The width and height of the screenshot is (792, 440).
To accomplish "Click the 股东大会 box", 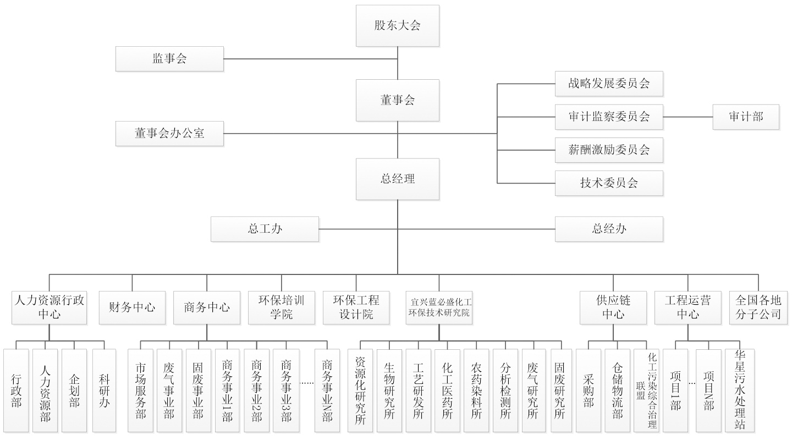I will tap(397, 25).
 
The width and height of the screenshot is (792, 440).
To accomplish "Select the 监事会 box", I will tap(169, 59).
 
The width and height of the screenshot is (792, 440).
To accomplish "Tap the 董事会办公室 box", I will tap(169, 134).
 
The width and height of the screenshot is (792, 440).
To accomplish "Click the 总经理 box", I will tap(397, 179).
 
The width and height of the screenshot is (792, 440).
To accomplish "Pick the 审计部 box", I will tap(746, 117).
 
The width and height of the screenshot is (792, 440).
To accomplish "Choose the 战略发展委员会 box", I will tap(609, 84).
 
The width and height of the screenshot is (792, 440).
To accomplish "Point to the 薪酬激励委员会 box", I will tap(609, 150).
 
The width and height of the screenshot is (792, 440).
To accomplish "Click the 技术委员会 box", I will tap(609, 183).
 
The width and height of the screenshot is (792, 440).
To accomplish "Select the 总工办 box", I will tap(265, 229).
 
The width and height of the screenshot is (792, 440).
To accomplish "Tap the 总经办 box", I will tap(609, 229).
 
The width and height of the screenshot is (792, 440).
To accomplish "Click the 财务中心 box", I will tap(132, 307).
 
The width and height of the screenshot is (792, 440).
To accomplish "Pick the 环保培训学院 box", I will tap(281, 307).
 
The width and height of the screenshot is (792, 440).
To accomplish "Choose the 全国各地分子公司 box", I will tap(758, 307).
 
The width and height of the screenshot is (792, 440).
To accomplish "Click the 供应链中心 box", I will tap(613, 307).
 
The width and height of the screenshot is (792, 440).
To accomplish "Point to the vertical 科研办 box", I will tap(104, 391).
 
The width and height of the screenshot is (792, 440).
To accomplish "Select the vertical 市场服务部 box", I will tap(141, 391).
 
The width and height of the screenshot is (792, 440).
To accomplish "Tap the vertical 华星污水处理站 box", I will tap(739, 391).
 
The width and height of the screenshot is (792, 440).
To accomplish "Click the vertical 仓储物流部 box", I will tap(618, 391).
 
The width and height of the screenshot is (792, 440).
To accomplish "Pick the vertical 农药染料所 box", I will tap(476, 391).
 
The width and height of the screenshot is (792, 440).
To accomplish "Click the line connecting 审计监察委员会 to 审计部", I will tap(687, 117).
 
